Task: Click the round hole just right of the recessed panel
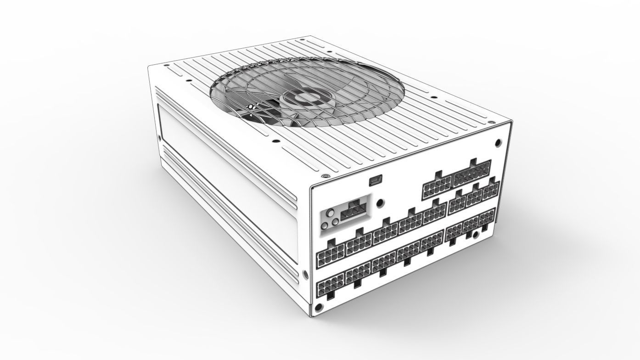(380, 202)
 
